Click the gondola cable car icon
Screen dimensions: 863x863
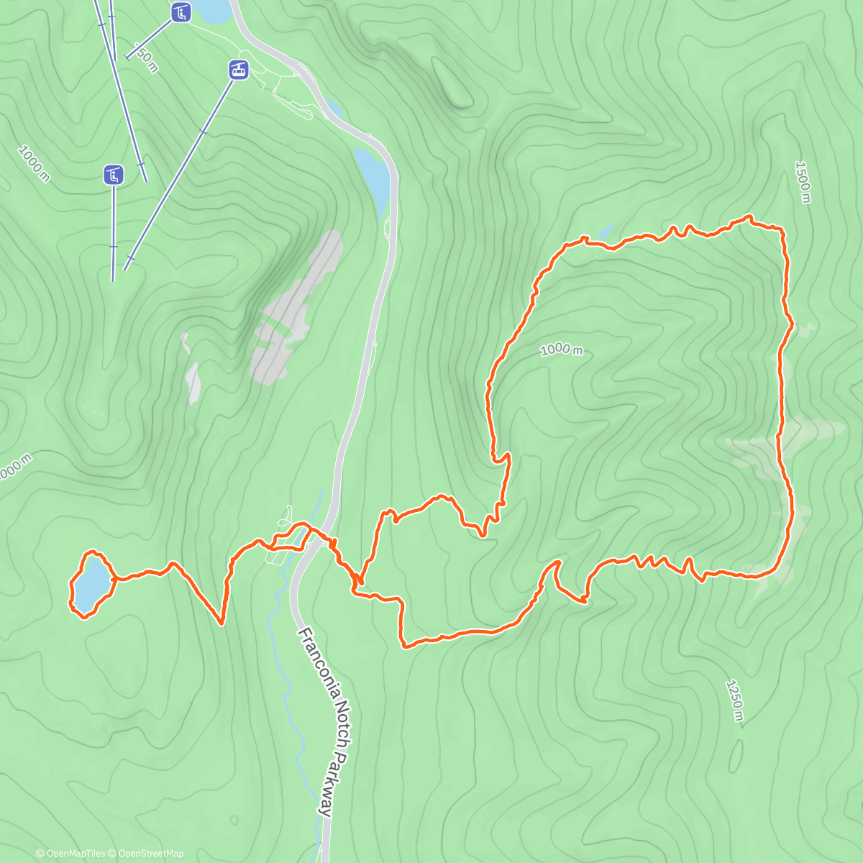pos(239,70)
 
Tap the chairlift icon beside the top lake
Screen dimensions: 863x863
pos(181,12)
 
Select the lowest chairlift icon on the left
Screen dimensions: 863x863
pos(114,174)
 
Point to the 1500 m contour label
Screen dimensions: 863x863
pos(803,182)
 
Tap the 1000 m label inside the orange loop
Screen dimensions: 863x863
pos(561,349)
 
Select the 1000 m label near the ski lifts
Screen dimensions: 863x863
pos(34,163)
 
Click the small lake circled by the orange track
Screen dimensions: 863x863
pos(91,583)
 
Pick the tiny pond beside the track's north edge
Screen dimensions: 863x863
pos(606,232)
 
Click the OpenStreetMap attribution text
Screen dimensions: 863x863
pos(151,854)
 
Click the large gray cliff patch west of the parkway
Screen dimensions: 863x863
pos(295,309)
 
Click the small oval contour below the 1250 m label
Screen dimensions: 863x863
pos(736,757)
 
